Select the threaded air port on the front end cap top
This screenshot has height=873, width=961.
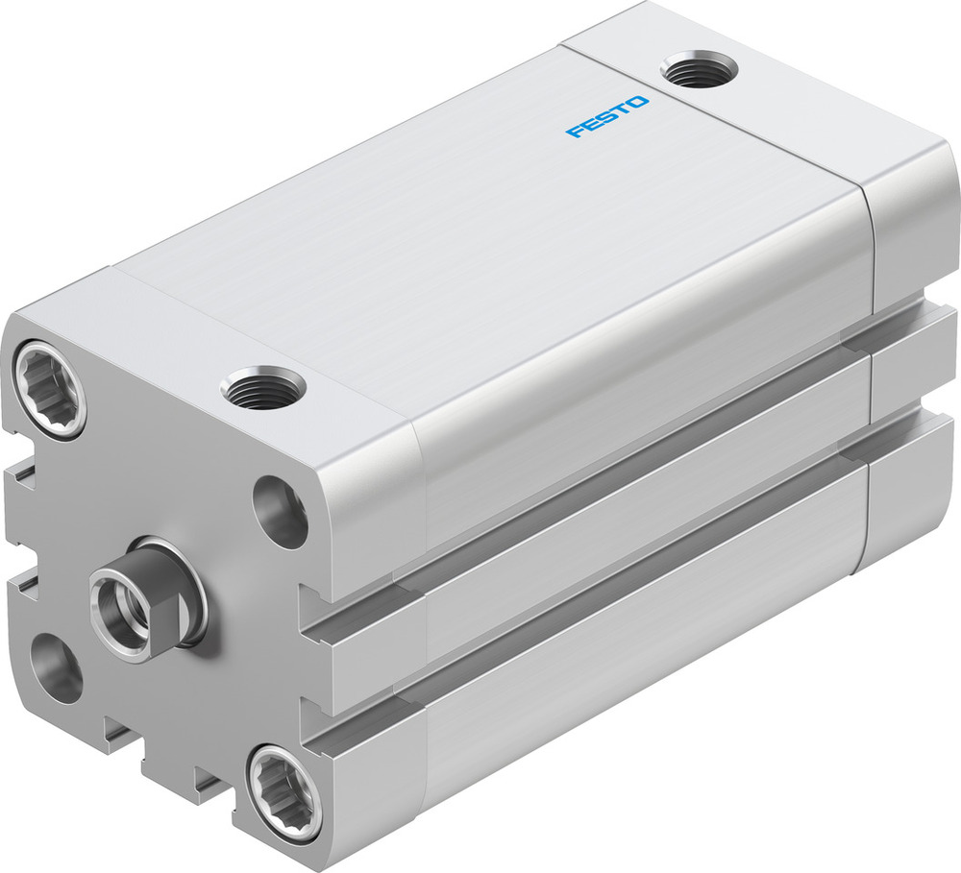click(262, 387)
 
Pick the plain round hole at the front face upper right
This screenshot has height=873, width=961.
click(281, 511)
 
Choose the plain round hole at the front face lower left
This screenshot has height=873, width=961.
click(56, 665)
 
